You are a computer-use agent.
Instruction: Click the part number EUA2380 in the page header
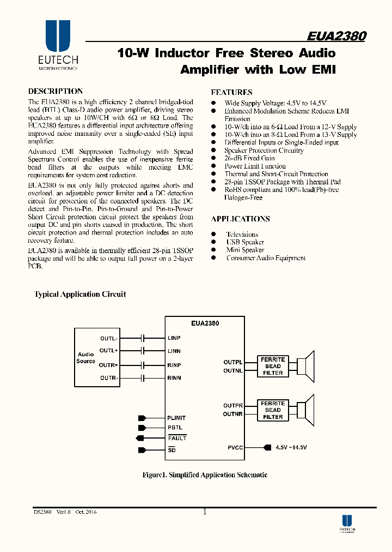[x=336, y=36]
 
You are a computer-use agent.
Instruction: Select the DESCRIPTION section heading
[x=56, y=92]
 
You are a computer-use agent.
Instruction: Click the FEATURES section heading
[x=231, y=93]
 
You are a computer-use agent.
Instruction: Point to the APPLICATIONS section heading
[x=240, y=219]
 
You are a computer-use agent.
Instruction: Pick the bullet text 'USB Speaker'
[x=245, y=242]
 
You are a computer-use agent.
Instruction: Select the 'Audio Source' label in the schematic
[x=86, y=358]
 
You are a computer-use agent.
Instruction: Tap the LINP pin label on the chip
[x=174, y=338]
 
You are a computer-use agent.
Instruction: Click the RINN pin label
[x=174, y=378]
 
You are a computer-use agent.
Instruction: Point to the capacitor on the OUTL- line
[x=143, y=338]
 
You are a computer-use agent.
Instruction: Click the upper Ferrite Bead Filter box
[x=273, y=366]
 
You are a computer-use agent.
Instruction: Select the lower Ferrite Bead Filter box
[x=273, y=410]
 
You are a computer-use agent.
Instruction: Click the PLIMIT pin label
[x=176, y=418]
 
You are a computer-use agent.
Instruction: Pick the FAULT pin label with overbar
[x=177, y=438]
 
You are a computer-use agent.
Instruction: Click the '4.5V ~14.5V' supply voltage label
[x=291, y=447]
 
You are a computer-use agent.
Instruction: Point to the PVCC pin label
[x=235, y=447]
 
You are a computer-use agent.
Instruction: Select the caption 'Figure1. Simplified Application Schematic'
[x=205, y=475]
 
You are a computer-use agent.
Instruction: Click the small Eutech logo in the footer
[x=347, y=524]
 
